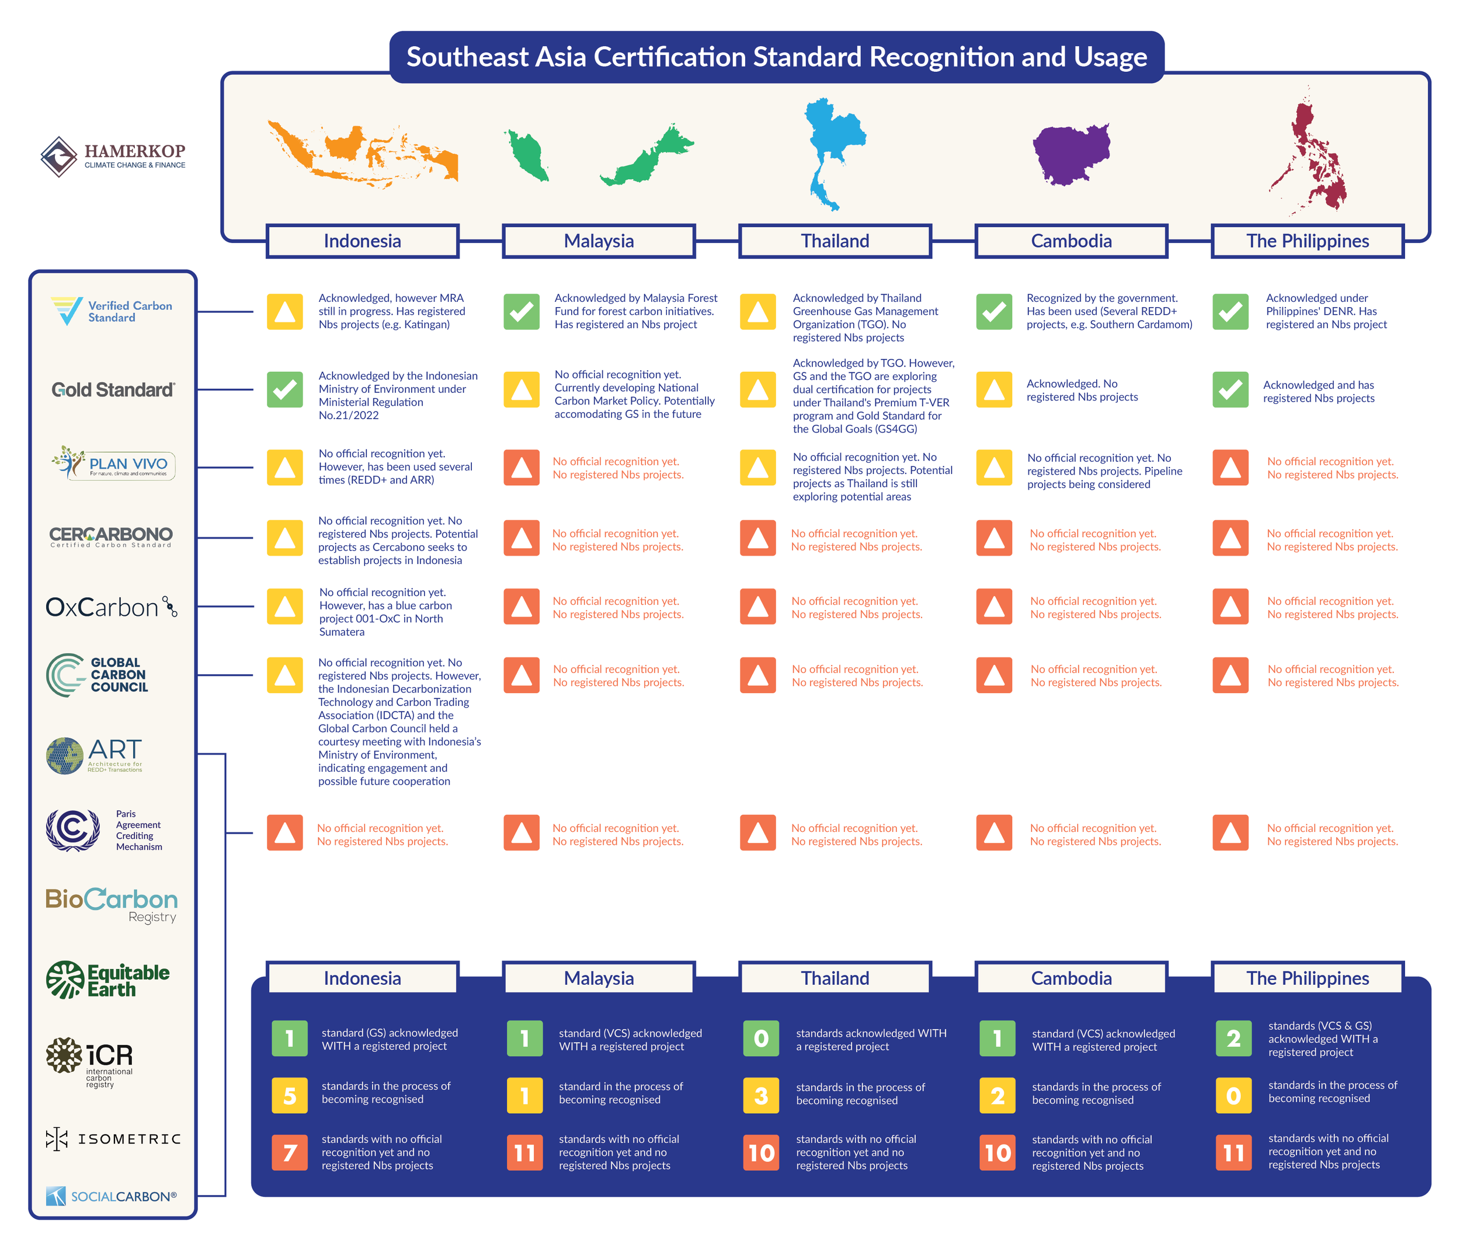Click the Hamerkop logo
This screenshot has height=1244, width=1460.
pos(113,156)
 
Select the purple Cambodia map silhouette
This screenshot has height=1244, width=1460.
pos(1070,154)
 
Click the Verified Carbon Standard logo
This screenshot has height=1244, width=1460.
pos(112,311)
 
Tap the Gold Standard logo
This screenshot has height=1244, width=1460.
pos(113,389)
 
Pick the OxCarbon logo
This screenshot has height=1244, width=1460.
pos(112,607)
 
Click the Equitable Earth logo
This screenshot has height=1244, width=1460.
pos(108,980)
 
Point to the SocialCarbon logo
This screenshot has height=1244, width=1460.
pos(112,1196)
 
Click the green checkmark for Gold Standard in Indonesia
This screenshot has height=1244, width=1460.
pos(284,389)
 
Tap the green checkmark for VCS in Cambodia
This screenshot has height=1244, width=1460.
pos(993,311)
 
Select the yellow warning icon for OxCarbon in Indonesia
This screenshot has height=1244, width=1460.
pos(284,607)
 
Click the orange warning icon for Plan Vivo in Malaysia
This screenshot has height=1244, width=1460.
pos(522,467)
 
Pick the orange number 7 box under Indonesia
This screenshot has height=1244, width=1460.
pos(290,1152)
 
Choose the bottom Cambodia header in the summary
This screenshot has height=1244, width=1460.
pos(1071,978)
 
